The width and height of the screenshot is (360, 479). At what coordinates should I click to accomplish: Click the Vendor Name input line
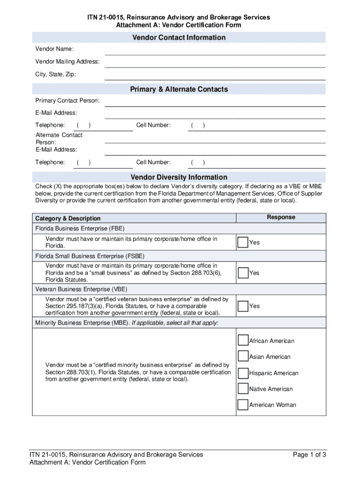(x=215, y=50)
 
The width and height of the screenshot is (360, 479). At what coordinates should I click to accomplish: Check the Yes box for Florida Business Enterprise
(x=243, y=242)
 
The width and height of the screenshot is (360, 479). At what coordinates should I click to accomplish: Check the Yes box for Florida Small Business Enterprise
(x=243, y=273)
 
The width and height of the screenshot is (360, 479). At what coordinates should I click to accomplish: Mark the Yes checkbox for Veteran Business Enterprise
(x=243, y=306)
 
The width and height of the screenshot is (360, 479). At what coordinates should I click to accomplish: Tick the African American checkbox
(x=243, y=341)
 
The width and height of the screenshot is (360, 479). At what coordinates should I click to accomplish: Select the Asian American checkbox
(x=243, y=356)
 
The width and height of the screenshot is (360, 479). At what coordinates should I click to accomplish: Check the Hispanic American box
(x=243, y=373)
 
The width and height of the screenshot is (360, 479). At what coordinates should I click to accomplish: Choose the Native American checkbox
(x=243, y=389)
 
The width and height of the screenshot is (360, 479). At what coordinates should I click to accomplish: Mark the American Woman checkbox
(x=243, y=405)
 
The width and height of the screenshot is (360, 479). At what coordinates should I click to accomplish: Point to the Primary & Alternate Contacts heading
(x=179, y=89)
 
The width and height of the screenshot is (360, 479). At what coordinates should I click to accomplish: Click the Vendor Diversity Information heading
(x=179, y=177)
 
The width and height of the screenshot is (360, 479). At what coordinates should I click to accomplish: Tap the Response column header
(x=281, y=217)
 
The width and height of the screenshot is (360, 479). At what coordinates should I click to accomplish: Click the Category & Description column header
(x=68, y=218)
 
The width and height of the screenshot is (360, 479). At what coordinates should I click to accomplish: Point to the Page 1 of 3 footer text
(x=309, y=455)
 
